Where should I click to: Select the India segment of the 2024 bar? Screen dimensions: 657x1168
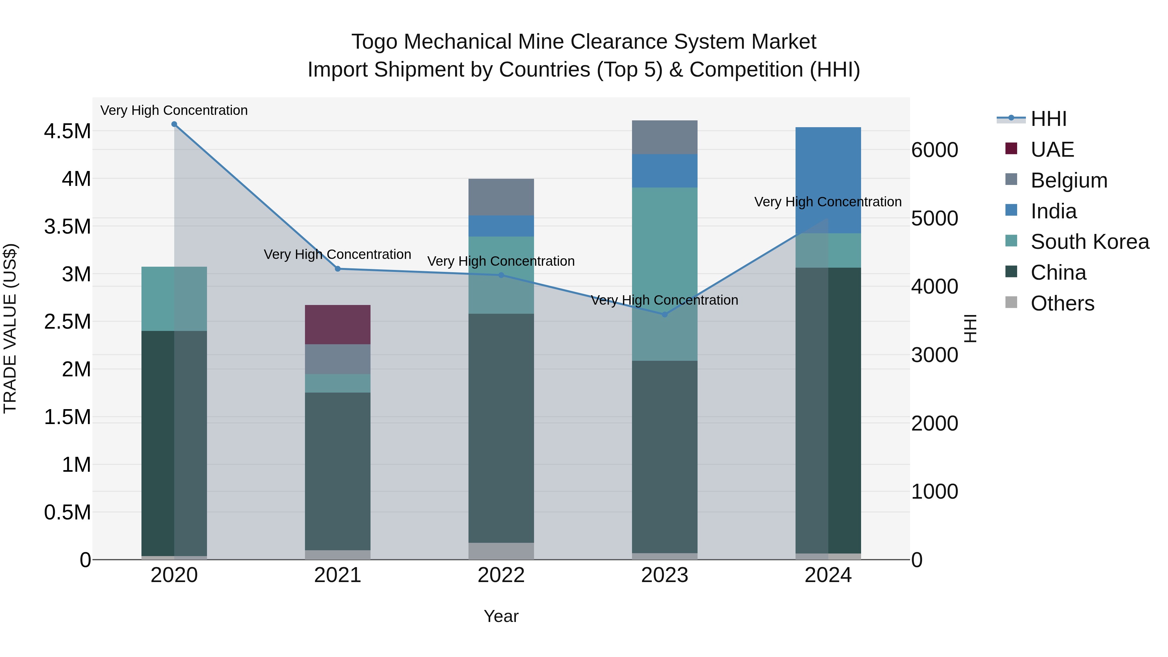828,180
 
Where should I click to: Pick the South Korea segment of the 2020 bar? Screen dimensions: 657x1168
174,298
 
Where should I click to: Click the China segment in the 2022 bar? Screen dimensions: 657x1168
501,428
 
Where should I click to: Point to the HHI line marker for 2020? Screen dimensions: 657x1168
174,124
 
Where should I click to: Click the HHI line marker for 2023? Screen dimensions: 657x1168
665,314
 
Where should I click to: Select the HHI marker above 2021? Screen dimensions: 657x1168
337,269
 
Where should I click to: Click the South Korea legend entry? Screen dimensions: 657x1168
1089,242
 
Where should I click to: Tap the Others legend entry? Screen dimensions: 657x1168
1062,303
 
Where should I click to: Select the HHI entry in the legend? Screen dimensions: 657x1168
1048,119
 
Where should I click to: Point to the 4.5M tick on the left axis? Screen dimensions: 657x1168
67,131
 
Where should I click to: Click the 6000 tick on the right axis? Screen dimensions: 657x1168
934,150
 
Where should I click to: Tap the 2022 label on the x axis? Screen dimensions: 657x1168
501,575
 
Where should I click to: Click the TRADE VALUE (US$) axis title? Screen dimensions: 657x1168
10,328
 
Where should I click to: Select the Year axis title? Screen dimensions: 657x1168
501,616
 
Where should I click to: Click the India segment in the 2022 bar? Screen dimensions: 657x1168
501,226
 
